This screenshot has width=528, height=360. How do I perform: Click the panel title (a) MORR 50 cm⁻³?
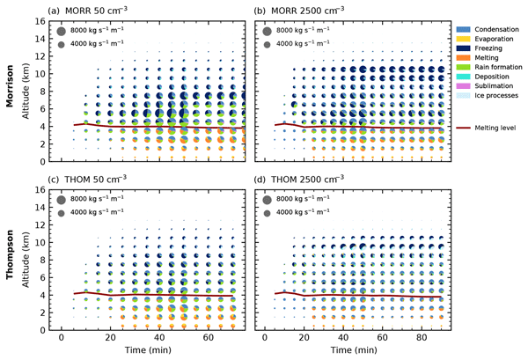point(92,10)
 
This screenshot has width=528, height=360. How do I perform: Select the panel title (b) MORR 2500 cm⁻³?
point(299,10)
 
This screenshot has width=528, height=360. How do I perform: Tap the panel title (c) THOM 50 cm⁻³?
point(92,179)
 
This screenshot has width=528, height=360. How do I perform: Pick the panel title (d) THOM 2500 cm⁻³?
point(299,179)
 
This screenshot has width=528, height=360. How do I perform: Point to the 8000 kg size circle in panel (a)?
point(62,31)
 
